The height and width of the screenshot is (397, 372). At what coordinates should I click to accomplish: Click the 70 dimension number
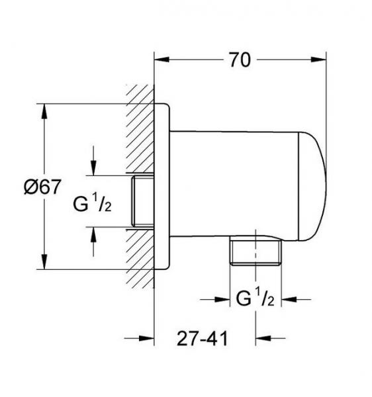(240, 60)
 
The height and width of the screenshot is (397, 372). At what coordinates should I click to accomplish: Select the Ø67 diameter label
(42, 187)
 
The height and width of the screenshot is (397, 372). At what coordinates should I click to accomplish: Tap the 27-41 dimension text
(202, 338)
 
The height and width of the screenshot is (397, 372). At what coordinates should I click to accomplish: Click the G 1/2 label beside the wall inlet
(92, 202)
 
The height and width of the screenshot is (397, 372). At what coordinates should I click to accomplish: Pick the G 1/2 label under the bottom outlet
(255, 298)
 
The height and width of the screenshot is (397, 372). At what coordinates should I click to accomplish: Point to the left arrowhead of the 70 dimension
(162, 60)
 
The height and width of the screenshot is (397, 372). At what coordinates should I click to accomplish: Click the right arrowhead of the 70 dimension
(318, 60)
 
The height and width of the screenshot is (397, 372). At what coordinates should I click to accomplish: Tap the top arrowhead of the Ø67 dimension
(44, 111)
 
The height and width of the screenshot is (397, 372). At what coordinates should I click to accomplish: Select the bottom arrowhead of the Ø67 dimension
(44, 262)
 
